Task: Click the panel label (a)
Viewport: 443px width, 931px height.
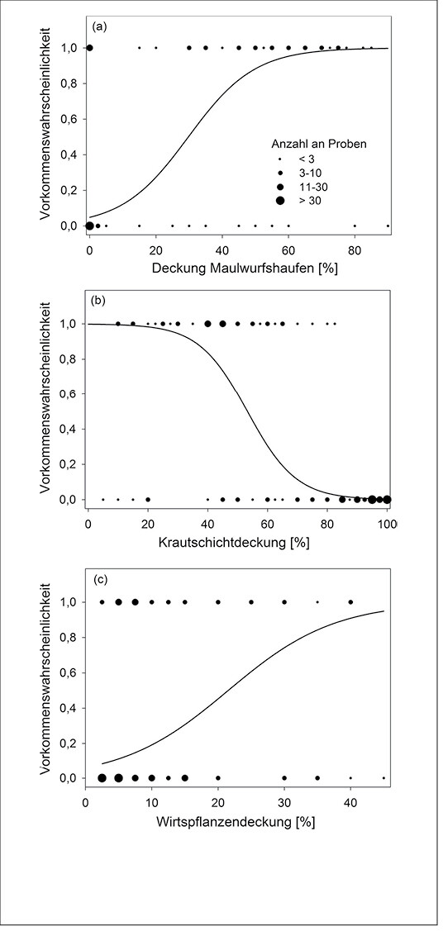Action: [98, 26]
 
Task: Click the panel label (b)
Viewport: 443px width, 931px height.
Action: [98, 301]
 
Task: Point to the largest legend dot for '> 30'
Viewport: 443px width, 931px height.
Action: [279, 201]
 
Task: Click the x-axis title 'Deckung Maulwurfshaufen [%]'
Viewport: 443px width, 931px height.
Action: [245, 267]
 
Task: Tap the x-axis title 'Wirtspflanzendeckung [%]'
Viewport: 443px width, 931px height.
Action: [236, 823]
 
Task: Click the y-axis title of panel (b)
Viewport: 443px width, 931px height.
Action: [46, 398]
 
